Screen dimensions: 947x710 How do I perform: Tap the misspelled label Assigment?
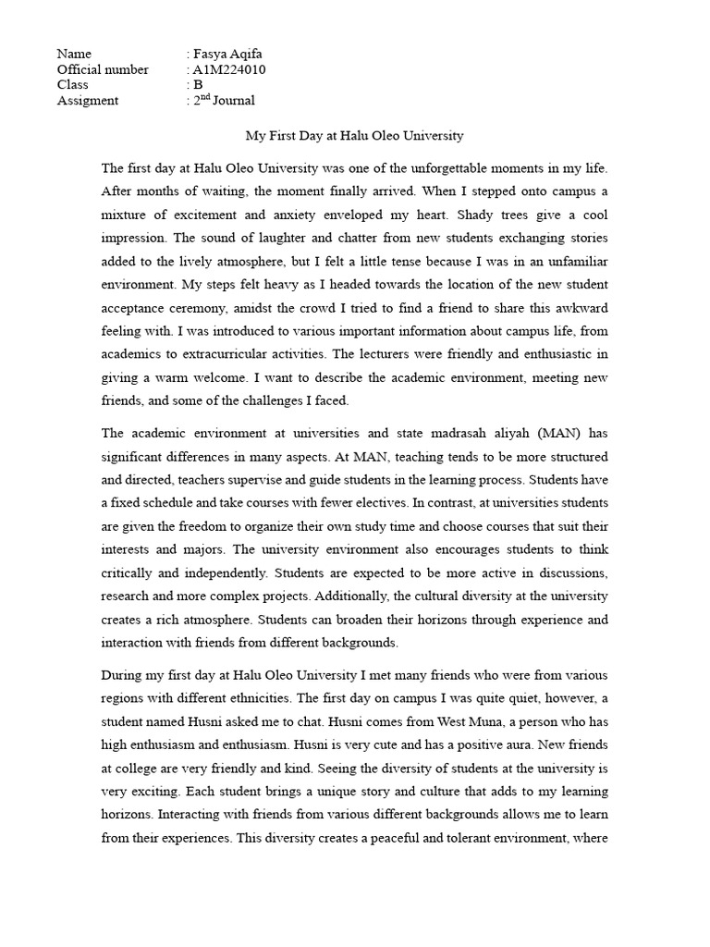pyautogui.click(x=88, y=101)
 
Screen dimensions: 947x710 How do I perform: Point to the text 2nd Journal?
pyautogui.click(x=224, y=100)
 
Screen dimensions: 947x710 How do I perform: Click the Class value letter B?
pyautogui.click(x=198, y=85)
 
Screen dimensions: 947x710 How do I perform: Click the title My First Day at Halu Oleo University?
pyautogui.click(x=354, y=136)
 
